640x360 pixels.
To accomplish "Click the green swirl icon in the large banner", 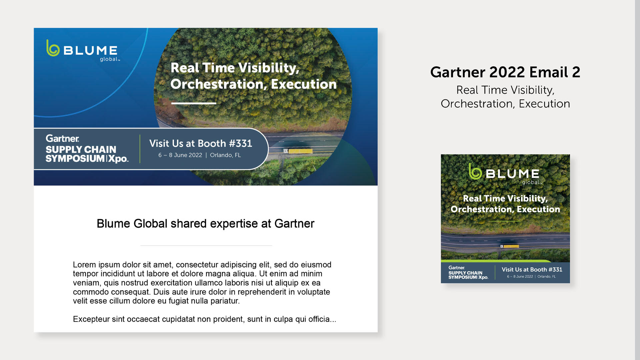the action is point(53,48).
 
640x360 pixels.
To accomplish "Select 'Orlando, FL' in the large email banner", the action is point(225,155).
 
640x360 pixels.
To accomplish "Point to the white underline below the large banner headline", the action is point(194,103).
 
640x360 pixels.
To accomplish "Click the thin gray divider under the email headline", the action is point(206,246).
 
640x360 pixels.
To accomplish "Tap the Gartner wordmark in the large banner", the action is point(62,138).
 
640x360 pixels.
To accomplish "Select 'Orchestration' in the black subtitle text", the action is point(476,104).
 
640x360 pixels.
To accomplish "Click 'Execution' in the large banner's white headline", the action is point(304,84).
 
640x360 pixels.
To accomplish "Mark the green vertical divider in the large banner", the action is point(140,149).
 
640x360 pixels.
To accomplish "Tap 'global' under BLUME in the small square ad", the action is point(531,182).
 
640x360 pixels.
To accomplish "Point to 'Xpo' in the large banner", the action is point(118,159).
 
